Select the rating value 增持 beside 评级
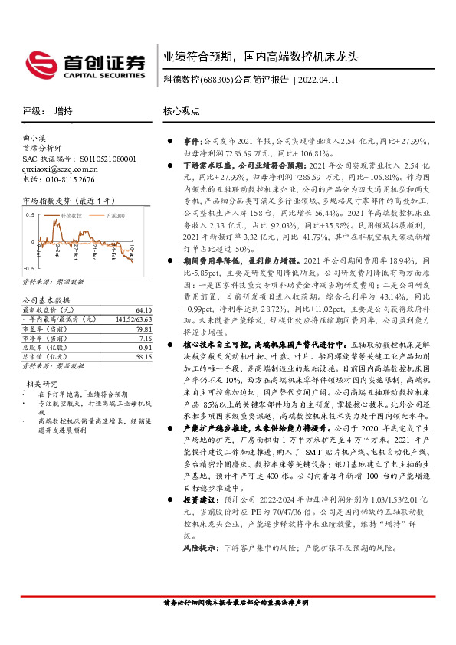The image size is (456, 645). [x=64, y=111]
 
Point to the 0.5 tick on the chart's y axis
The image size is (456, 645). [x=28, y=215]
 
